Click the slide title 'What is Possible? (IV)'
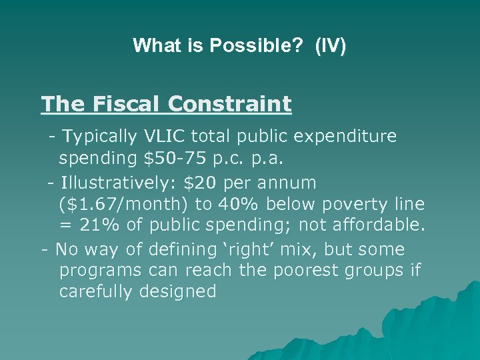click(239, 45)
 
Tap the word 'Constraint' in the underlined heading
click(230, 104)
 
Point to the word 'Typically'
click(100, 137)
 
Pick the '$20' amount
click(205, 182)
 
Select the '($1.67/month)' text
click(123, 205)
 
